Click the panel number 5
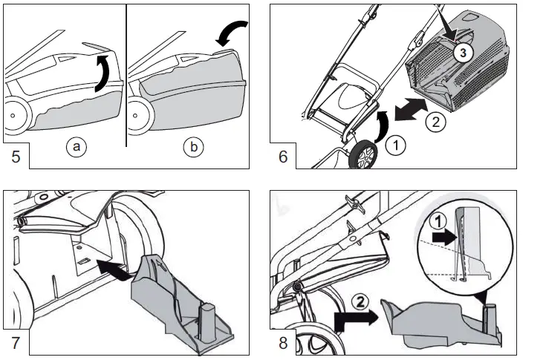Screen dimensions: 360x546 tap(16, 157)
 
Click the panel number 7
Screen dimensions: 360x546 tap(16, 343)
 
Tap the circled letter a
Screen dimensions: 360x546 tap(75, 147)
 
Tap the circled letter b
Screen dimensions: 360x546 tap(194, 147)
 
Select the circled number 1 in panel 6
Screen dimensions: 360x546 tap(396, 146)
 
